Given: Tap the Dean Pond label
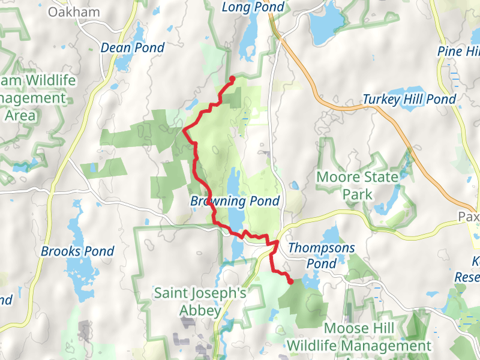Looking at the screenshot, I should pos(133,47).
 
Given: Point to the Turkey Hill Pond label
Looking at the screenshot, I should pos(409,99).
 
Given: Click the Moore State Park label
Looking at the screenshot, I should pos(357,185).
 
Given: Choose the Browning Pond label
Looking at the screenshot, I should pos(235,201).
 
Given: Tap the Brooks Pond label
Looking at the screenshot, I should pos(77,251).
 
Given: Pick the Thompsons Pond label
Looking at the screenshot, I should pos(322,255).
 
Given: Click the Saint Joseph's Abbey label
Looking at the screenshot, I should pos(200,301).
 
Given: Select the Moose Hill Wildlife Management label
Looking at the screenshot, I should pos(359,337).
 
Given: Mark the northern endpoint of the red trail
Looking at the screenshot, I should pos(232,78).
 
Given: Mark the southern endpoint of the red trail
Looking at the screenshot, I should pos(290,281).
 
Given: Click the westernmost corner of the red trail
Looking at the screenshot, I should pos(182,130).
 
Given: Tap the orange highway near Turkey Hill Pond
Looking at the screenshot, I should pos(360,108).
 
